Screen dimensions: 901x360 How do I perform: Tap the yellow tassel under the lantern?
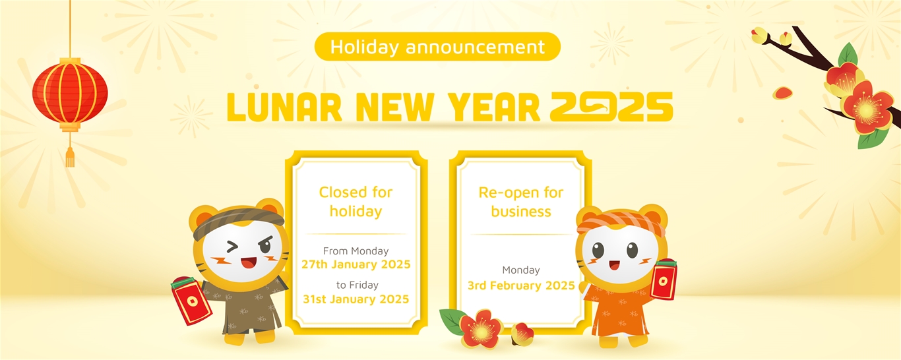[x=70, y=158]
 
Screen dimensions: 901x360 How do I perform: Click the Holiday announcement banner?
[x=437, y=47]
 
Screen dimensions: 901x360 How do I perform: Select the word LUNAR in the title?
[x=284, y=107]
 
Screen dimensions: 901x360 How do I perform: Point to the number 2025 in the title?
[x=611, y=107]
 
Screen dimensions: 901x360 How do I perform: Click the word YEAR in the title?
[x=494, y=107]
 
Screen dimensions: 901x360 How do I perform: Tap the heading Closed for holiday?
[x=356, y=202]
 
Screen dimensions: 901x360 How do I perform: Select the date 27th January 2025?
[x=356, y=264]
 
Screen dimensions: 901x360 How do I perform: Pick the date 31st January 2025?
[x=356, y=299]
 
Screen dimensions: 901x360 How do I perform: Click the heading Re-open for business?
[x=521, y=202]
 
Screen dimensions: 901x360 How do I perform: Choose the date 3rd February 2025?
[x=521, y=285]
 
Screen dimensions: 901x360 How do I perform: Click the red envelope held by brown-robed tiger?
[x=191, y=300]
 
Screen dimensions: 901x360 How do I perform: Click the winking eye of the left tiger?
[x=232, y=246]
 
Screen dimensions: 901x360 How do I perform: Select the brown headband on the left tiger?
[x=239, y=222]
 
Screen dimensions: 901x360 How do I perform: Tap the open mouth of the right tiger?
[x=614, y=266]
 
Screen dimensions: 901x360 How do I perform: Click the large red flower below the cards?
[x=481, y=329]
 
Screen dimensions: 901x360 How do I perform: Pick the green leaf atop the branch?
[x=848, y=55]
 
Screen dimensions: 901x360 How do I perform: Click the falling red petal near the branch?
[x=782, y=93]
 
